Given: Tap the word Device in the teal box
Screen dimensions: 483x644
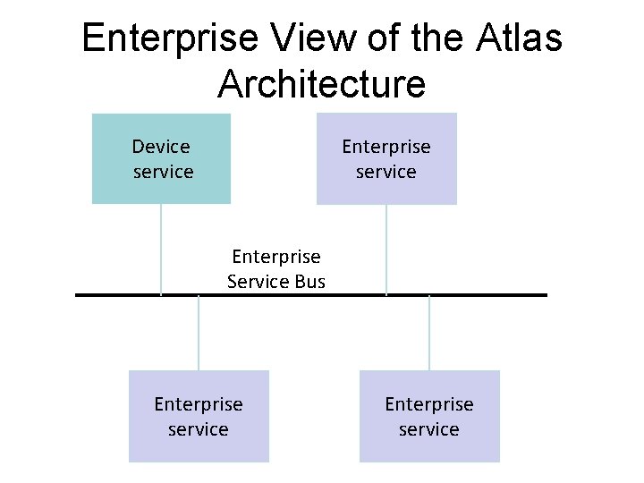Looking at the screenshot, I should coord(161,147).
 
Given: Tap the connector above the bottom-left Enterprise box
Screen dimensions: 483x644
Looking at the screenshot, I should coord(199,333).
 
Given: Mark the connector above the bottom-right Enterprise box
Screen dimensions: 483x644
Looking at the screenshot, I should coord(429,333).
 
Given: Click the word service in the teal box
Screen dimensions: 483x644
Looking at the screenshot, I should coord(163,171).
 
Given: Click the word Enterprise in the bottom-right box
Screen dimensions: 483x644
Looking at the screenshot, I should coord(429,404).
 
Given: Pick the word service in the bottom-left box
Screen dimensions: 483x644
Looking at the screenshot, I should coord(199,429).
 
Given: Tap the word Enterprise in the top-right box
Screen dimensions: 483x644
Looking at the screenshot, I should coord(386,147).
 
